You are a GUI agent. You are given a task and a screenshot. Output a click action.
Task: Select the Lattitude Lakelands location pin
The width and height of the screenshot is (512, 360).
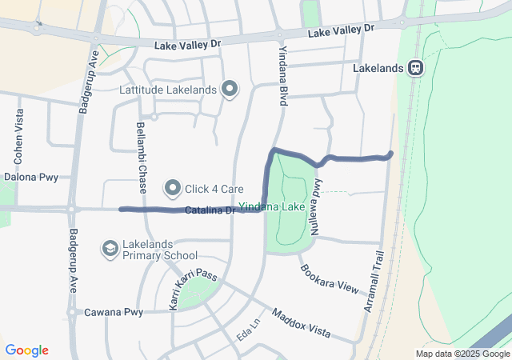click(x=230, y=89)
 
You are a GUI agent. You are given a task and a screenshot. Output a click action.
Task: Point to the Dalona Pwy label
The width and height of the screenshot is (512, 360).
click(x=27, y=177)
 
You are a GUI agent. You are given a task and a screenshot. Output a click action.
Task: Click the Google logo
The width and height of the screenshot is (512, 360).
click(x=26, y=350)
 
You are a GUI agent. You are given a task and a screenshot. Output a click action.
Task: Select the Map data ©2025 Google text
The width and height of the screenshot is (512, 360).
click(x=462, y=354)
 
